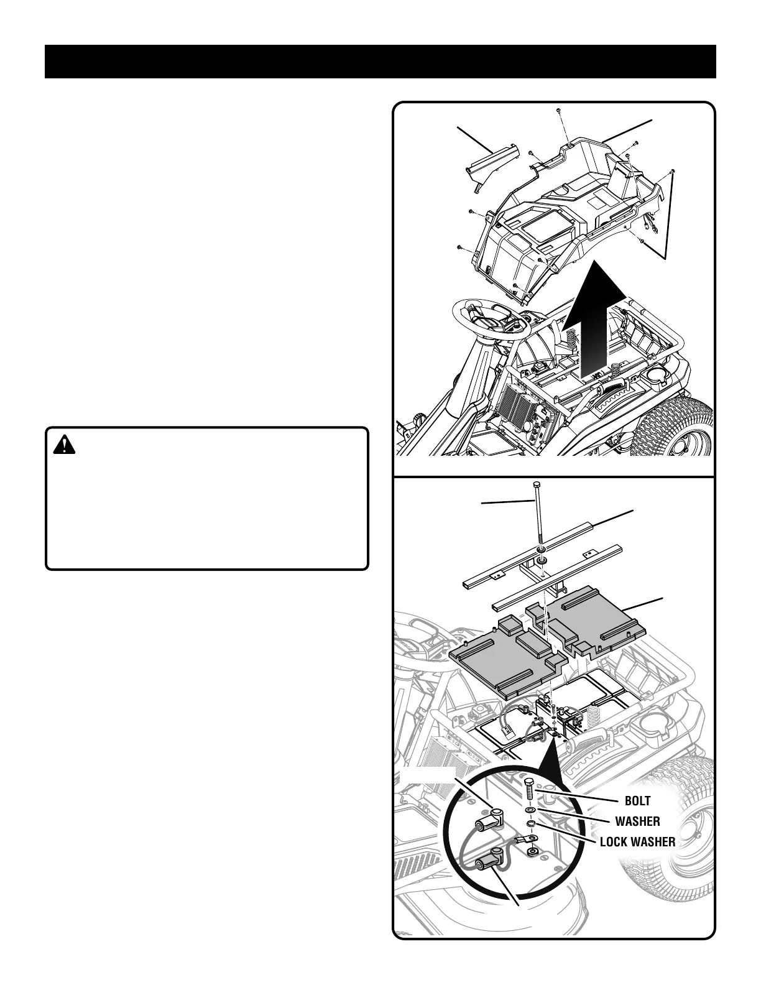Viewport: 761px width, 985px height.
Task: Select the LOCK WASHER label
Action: [x=637, y=842]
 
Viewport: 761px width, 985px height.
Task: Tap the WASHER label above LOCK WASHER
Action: [x=637, y=821]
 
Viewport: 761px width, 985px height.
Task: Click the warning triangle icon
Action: [x=63, y=445]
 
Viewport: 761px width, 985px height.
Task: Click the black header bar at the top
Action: [x=380, y=62]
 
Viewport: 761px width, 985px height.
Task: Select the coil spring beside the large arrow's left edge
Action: [x=570, y=341]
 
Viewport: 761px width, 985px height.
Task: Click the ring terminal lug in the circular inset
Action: [x=533, y=849]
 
